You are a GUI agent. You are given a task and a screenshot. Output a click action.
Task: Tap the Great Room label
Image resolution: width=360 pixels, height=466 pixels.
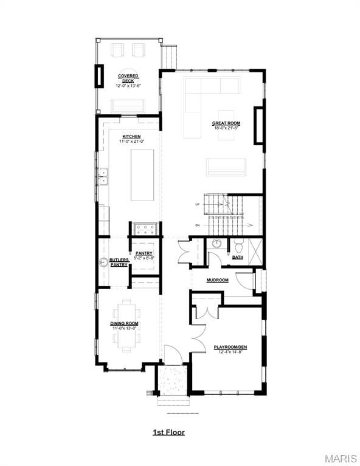(226, 123)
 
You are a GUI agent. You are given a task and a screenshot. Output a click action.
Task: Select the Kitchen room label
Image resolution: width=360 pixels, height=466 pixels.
(131, 137)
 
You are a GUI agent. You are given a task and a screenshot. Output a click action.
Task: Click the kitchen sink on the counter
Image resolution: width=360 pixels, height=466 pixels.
(103, 176)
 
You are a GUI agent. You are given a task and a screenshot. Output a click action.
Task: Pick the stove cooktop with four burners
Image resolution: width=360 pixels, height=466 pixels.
(146, 228)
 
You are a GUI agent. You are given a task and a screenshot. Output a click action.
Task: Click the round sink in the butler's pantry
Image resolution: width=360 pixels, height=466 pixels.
(104, 263)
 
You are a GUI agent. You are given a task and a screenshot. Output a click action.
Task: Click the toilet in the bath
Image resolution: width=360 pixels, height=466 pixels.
(238, 245)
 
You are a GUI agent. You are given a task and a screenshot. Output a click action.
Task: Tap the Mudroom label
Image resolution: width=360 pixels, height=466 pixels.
(217, 280)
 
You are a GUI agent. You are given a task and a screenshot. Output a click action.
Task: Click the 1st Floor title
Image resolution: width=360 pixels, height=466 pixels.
(168, 433)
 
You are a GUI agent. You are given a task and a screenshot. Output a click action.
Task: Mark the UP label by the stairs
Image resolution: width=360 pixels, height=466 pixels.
(198, 205)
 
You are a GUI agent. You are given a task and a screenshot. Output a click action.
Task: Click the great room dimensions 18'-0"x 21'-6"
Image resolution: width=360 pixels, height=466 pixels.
(226, 128)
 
